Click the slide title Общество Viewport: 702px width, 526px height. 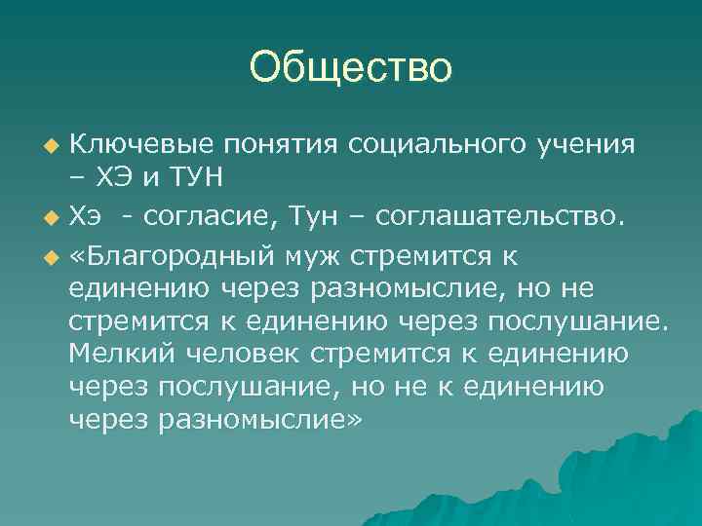click(x=351, y=67)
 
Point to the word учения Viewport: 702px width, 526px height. click(x=586, y=145)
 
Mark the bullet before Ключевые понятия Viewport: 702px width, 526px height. click(x=52, y=146)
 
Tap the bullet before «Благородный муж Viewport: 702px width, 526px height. click(x=52, y=256)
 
